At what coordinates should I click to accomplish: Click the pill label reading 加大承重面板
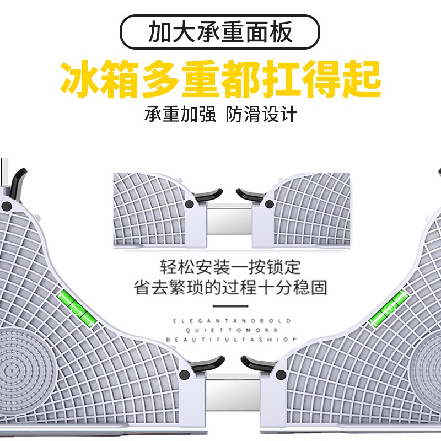tap(220, 31)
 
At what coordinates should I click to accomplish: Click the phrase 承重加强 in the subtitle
tap(180, 115)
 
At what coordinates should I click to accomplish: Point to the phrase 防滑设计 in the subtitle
tap(261, 115)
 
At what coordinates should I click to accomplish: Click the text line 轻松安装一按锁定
tap(230, 267)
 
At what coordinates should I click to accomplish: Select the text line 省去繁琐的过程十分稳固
tap(230, 287)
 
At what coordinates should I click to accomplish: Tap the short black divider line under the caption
tap(230, 306)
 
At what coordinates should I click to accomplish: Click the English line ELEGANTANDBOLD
tap(231, 321)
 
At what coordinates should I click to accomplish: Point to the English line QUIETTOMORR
tap(232, 330)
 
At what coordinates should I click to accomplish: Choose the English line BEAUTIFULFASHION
tap(231, 340)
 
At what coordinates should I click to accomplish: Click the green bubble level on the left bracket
tap(76, 309)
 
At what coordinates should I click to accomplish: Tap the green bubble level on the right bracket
tap(389, 308)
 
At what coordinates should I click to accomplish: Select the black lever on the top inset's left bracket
tap(208, 195)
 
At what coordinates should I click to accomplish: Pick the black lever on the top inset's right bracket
tap(250, 195)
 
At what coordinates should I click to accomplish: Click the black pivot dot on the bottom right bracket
tap(281, 374)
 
